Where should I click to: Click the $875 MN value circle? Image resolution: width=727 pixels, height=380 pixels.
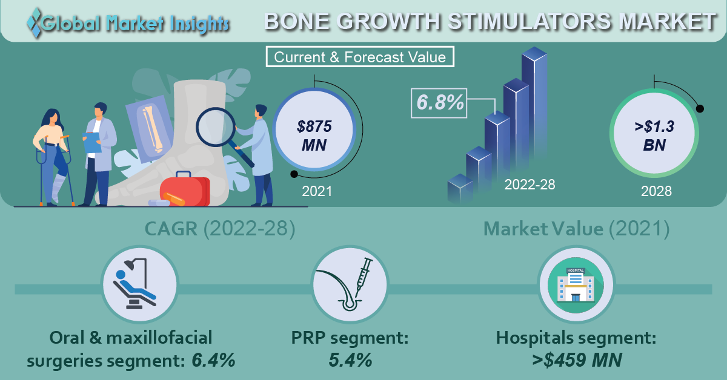pyautogui.click(x=314, y=129)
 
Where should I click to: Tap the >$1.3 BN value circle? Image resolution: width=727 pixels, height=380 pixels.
pyautogui.click(x=654, y=133)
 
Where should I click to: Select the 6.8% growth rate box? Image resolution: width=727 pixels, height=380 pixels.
pyautogui.click(x=439, y=103)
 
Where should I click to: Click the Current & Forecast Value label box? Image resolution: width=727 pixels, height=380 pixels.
pyautogui.click(x=360, y=57)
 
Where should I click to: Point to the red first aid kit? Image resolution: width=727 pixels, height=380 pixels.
pyautogui.click(x=185, y=189)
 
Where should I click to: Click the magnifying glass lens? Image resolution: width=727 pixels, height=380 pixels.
pyautogui.click(x=216, y=127)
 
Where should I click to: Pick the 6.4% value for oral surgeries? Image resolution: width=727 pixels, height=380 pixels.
pyautogui.click(x=213, y=360)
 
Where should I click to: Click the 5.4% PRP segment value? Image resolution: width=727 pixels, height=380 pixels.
pyautogui.click(x=350, y=360)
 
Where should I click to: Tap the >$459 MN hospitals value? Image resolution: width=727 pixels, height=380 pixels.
pyautogui.click(x=577, y=360)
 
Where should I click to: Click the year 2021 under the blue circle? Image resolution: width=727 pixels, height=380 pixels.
pyautogui.click(x=317, y=191)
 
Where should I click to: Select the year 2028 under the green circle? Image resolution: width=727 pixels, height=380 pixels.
pyautogui.click(x=656, y=191)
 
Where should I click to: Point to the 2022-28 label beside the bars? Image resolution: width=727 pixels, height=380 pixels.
pyautogui.click(x=529, y=185)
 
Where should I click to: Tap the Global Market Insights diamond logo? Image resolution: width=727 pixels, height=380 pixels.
pyautogui.click(x=34, y=22)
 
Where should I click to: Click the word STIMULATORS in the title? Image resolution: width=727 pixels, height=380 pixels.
pyautogui.click(x=529, y=22)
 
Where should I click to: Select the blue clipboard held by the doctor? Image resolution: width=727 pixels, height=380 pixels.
pyautogui.click(x=92, y=142)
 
